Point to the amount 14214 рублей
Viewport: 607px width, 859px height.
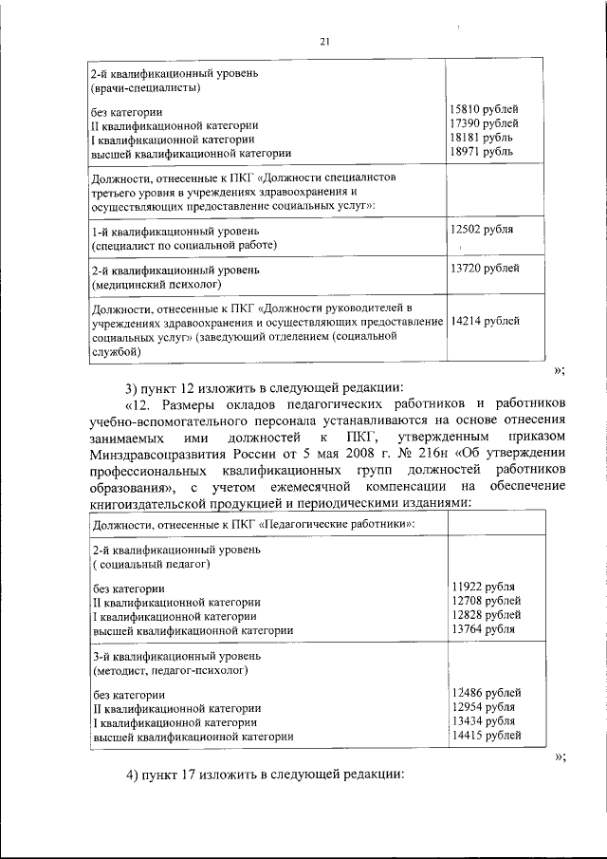click(484, 322)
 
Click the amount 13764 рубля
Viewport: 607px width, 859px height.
click(484, 629)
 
